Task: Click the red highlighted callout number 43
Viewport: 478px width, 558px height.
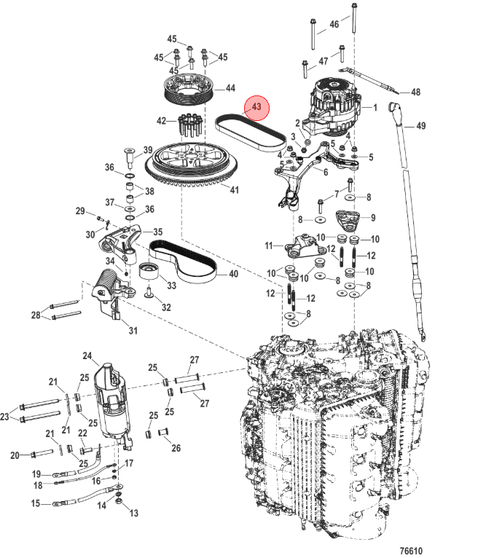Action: click(x=256, y=107)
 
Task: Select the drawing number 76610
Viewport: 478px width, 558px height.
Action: click(x=411, y=551)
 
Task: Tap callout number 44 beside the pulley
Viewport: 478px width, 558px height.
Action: click(x=231, y=88)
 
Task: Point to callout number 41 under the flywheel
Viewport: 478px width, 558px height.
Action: click(x=234, y=189)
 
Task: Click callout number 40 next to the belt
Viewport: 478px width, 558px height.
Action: click(x=233, y=274)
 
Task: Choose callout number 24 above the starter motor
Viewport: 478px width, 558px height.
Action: click(x=87, y=355)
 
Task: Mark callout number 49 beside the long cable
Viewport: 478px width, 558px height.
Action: click(x=420, y=125)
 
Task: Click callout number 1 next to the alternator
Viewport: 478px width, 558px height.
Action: click(x=375, y=107)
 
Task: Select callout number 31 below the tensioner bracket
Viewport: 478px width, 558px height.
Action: click(x=133, y=331)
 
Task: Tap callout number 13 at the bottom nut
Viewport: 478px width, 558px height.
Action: click(x=134, y=513)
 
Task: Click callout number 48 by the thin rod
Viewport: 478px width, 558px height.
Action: click(x=416, y=93)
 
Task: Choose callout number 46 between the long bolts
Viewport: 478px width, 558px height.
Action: click(x=334, y=24)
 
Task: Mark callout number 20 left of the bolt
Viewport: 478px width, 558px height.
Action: click(x=15, y=455)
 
